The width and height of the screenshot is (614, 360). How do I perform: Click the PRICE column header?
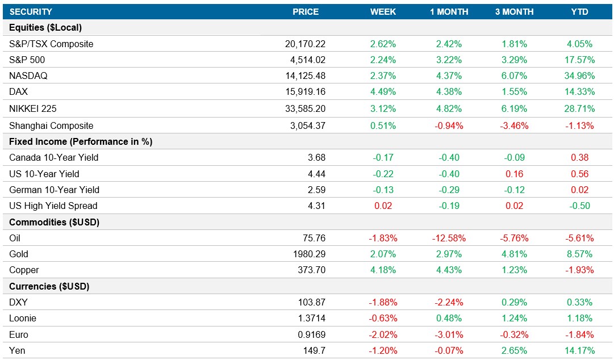306,11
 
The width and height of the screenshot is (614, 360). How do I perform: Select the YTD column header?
579,11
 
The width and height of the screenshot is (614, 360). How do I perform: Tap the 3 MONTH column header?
514,11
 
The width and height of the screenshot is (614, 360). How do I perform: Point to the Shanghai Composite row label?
51,125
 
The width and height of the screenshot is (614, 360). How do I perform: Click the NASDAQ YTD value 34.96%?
579,76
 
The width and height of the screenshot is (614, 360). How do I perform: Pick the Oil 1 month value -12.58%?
448,238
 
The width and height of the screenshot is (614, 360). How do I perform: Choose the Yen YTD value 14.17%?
579,350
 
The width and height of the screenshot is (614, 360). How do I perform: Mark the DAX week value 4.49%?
383,91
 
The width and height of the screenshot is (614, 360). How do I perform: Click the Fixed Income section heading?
81,141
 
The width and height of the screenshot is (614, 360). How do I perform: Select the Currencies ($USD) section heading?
49,286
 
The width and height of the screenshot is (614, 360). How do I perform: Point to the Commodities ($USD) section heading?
55,222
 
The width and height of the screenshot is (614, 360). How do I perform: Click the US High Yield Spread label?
53,206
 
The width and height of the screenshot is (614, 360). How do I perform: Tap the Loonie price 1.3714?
311,318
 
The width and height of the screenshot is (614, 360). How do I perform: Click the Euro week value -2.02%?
383,334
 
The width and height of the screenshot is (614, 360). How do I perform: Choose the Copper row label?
24,270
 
